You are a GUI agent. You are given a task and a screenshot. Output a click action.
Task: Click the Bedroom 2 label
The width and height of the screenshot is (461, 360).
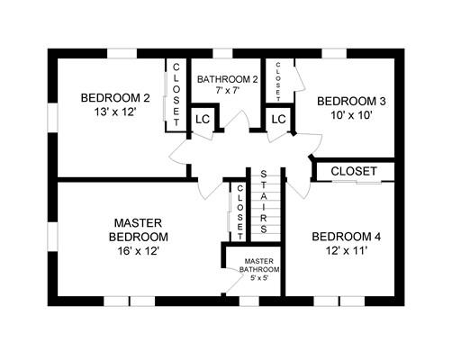(115, 98)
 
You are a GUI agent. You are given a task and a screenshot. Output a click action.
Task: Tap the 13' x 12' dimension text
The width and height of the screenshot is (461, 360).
(115, 112)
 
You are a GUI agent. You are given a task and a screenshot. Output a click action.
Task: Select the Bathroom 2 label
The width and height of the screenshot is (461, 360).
(228, 79)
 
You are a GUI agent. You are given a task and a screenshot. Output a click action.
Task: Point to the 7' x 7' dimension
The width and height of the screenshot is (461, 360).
(227, 90)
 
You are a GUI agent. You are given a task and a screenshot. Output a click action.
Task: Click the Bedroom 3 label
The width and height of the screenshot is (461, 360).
(351, 102)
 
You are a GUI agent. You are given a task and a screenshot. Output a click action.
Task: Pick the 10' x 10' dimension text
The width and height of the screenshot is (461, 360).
(351, 115)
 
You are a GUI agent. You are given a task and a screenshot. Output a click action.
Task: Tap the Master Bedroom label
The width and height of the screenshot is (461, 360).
(139, 230)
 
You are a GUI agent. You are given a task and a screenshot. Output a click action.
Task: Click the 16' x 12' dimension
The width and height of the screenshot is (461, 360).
(138, 250)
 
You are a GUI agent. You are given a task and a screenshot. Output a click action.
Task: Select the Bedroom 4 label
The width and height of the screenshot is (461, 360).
(347, 237)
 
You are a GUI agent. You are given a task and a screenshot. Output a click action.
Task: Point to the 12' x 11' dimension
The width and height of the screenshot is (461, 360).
(347, 250)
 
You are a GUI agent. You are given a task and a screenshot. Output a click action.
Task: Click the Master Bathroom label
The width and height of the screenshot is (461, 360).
(259, 265)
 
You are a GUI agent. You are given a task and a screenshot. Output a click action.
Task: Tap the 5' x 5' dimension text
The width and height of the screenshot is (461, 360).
(259, 278)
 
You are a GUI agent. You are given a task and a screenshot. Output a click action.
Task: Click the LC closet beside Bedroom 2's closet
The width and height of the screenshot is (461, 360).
(203, 120)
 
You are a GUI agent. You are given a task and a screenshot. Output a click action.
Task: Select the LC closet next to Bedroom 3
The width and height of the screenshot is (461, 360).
(278, 120)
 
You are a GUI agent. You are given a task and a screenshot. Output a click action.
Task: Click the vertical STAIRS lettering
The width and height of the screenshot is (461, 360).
(264, 202)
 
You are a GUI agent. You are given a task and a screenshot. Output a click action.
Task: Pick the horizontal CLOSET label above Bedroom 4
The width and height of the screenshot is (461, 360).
(354, 171)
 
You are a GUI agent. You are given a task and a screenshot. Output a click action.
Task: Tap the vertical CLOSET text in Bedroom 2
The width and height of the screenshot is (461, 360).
(176, 94)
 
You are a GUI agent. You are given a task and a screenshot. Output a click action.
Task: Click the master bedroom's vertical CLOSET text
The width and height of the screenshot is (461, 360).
(240, 212)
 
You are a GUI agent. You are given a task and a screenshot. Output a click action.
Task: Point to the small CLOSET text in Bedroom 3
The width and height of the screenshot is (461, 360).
(278, 81)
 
